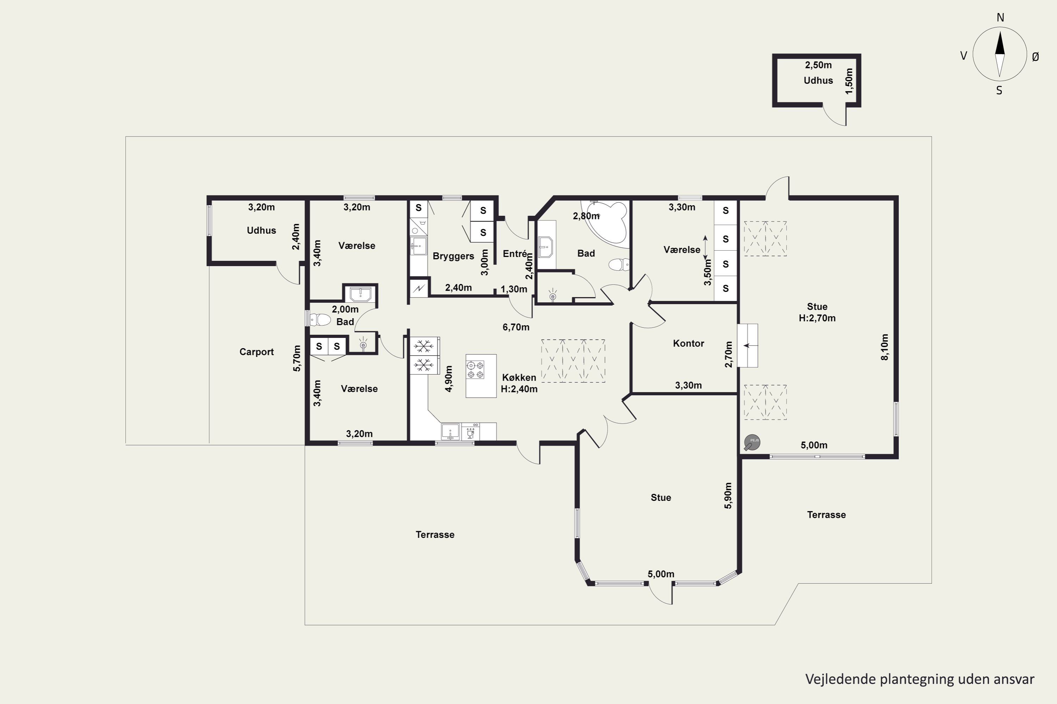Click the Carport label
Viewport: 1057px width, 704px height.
pos(256,352)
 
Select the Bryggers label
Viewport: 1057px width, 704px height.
pos(453,256)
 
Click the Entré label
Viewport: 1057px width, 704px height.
pos(514,254)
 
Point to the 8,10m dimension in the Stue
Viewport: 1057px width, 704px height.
pos(884,347)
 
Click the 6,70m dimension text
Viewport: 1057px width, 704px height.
pos(516,327)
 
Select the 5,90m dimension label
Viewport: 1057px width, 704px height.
pos(728,495)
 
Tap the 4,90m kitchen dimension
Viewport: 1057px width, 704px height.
pos(449,378)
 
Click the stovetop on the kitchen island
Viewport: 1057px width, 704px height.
pos(475,370)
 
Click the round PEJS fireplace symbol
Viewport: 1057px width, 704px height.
pos(752,442)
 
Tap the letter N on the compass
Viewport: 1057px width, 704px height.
pos(1000,18)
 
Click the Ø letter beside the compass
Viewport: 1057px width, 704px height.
pos(1036,57)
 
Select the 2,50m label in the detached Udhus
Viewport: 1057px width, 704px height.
pos(818,65)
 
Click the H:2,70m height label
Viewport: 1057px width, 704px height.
pos(817,318)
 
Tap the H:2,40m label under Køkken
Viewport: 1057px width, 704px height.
pos(519,389)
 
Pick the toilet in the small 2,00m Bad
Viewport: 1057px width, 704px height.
pos(320,320)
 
